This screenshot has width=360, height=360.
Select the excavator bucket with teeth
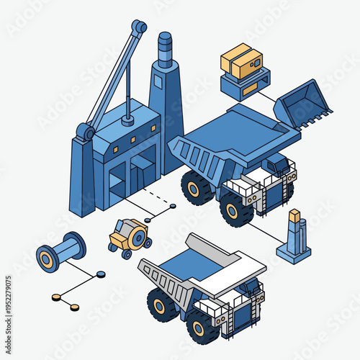[x=302, y=104]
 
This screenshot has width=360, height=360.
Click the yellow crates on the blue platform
[x=241, y=61]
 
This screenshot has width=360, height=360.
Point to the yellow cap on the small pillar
[x=294, y=215]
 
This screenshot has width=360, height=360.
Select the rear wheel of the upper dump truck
[x=197, y=188]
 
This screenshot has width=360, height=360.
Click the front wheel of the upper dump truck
[x=235, y=210]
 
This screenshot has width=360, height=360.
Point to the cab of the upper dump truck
[x=277, y=167]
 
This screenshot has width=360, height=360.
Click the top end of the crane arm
[x=139, y=27]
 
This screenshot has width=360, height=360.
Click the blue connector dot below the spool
[x=101, y=274]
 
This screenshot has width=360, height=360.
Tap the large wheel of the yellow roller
[x=141, y=235]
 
